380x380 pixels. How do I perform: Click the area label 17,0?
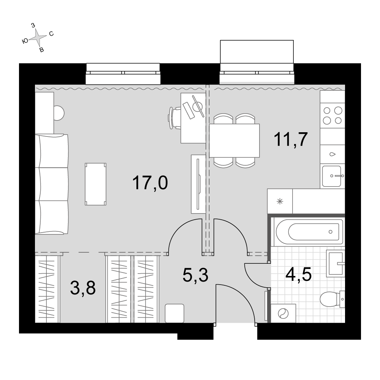(150, 183)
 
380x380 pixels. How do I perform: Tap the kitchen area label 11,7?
(291, 139)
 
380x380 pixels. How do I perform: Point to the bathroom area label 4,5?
(298, 274)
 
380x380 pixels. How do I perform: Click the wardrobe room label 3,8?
(83, 288)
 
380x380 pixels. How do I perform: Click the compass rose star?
(38, 37)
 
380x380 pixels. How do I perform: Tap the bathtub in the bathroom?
(310, 232)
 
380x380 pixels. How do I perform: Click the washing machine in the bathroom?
(283, 313)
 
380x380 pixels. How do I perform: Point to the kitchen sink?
(332, 176)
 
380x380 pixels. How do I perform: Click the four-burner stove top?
(332, 116)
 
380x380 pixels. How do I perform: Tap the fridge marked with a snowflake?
(280, 201)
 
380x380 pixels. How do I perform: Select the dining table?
(234, 141)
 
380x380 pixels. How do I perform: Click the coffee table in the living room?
(95, 184)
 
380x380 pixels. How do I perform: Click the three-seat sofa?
(52, 184)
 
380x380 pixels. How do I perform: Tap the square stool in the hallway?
(174, 313)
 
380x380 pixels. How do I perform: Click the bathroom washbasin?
(335, 263)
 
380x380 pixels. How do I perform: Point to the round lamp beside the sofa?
(59, 113)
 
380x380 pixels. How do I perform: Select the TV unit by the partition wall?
(198, 184)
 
